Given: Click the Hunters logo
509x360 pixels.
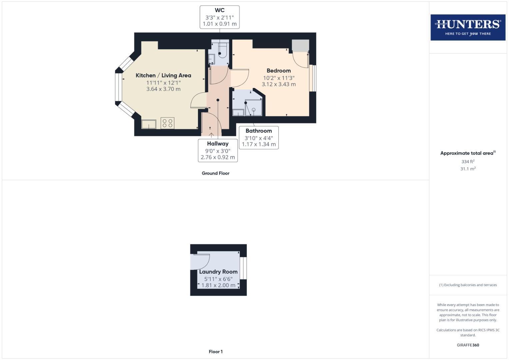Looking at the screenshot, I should coord(468,27).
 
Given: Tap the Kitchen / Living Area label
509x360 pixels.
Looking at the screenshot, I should coord(163,76).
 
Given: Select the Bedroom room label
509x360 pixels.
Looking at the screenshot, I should coord(279,71).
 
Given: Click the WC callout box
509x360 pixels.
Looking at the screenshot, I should coord(219,17).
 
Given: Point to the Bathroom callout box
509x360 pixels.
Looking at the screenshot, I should coord(259,137).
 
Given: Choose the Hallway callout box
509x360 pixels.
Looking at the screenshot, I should coord(218,150).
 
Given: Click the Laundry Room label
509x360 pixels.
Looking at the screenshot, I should coord(218,272).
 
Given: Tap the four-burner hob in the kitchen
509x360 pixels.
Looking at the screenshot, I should coord(167,123).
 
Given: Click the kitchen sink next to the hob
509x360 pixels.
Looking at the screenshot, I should coord(149,124).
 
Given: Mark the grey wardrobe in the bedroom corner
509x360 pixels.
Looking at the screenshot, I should coord(300,46).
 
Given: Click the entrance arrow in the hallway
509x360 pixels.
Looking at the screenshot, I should coord(211,135).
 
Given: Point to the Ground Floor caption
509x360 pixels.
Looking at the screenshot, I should coord(215,173).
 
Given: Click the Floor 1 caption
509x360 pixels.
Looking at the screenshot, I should coord(216,352).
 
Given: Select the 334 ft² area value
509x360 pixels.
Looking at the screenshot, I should coord(468,161).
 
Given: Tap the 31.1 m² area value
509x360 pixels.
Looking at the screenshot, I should coord(468,169).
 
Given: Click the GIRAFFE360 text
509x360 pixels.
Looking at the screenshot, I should coord(468,345).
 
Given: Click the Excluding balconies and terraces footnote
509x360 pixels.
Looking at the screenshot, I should coord(468,285).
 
